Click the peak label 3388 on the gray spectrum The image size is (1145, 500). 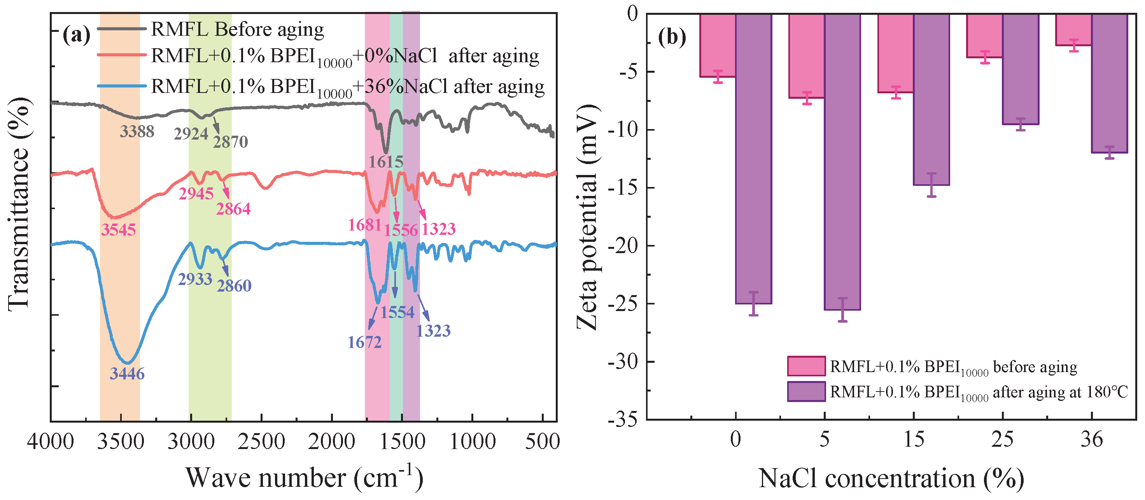(x=137, y=131)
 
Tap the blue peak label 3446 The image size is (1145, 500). (x=127, y=374)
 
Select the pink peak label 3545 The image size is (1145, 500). (x=118, y=230)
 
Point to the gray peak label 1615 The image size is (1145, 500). (x=386, y=162)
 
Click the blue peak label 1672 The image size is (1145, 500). (x=364, y=342)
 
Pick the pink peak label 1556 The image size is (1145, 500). (x=401, y=230)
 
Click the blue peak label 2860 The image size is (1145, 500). (x=234, y=286)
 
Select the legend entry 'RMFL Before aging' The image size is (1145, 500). (x=237, y=29)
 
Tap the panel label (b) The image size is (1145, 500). (x=672, y=37)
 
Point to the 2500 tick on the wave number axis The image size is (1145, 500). (x=261, y=442)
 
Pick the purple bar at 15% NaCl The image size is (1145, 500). (x=931, y=100)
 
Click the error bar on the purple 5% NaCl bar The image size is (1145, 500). (x=842, y=310)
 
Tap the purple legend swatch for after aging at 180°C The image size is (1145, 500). (x=806, y=392)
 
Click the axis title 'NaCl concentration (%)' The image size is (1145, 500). (x=891, y=479)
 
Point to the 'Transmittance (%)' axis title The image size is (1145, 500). (x=19, y=205)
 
